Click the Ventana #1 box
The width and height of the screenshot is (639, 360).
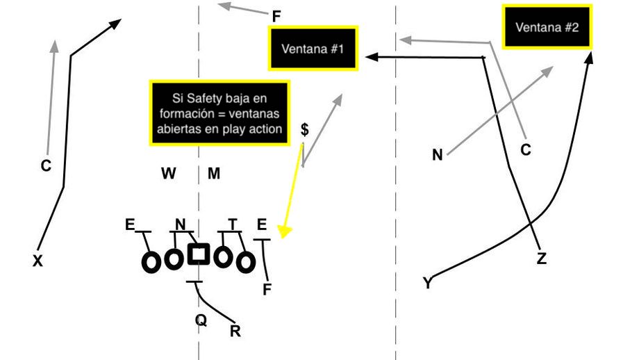[x=313, y=49]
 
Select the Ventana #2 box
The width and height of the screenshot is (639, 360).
[x=547, y=27]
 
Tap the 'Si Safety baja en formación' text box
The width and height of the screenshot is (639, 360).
[x=219, y=113]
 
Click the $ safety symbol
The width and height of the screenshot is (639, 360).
[x=304, y=130]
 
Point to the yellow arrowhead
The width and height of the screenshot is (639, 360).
[x=283, y=232]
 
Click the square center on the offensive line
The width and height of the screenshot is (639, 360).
[x=199, y=254]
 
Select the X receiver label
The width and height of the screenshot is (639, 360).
[x=38, y=261]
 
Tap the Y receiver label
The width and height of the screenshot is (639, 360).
[x=427, y=283]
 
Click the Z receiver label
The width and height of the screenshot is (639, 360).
[x=542, y=259]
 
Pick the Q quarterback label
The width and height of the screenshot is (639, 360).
[x=200, y=320]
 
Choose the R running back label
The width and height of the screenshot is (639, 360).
[x=235, y=332]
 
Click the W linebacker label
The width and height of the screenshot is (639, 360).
[x=169, y=174]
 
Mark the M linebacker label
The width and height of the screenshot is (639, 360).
[x=214, y=174]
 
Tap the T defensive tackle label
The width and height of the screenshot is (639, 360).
[x=233, y=223]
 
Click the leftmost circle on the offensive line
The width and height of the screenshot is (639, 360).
[x=151, y=262]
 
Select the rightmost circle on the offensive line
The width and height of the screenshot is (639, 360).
[x=244, y=262]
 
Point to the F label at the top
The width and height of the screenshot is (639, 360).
[x=276, y=15]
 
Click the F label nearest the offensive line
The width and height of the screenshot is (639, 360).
[x=267, y=290]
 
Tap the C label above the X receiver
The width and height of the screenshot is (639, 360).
[x=46, y=165]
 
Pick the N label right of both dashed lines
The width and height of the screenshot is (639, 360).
[x=438, y=156]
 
